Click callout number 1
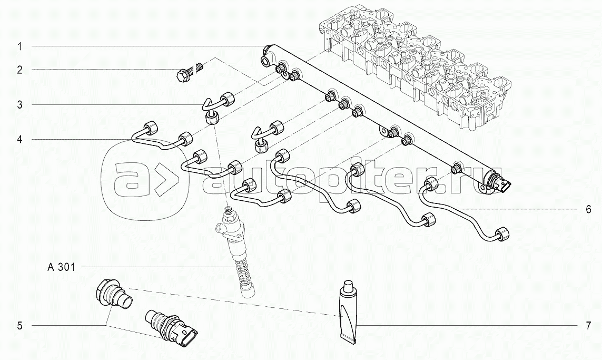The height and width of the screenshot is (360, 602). (x=19, y=46)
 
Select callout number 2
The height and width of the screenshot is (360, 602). (x=19, y=70)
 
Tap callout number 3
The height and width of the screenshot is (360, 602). (x=19, y=104)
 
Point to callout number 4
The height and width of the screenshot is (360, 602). (x=19, y=140)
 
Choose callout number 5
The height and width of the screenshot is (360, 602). (x=19, y=326)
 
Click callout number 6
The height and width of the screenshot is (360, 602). (x=588, y=209)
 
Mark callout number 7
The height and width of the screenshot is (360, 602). (x=588, y=326)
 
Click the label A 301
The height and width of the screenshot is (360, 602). (x=61, y=267)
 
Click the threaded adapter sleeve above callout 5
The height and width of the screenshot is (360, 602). (x=113, y=294)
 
